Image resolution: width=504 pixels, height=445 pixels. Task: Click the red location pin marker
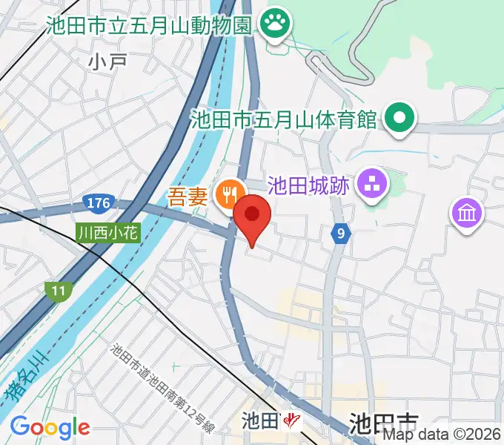point(252,217)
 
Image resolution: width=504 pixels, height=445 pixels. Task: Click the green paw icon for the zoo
point(276,24)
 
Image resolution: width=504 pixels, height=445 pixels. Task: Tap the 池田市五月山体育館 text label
point(284,119)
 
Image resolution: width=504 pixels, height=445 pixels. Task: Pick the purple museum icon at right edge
point(468,214)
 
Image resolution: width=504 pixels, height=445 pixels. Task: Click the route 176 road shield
point(99,202)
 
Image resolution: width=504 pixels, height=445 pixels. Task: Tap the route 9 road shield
point(340,234)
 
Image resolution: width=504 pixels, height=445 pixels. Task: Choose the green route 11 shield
point(58,290)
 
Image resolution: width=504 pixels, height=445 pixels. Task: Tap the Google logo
point(50,427)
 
